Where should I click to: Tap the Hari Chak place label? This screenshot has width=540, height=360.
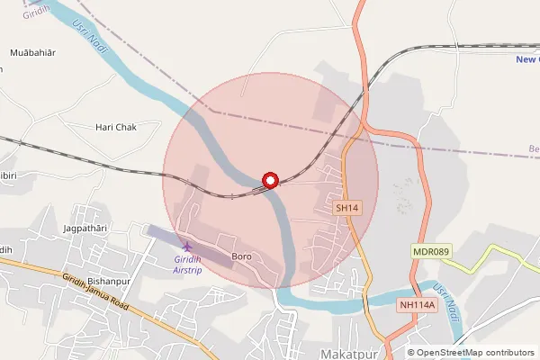[115, 128]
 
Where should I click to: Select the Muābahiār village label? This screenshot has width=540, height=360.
[32, 53]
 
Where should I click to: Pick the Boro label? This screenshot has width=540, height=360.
[241, 257]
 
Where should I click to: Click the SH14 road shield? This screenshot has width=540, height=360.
[347, 208]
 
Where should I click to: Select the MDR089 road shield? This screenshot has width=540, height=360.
[429, 251]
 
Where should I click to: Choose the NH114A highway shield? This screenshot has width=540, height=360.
[417, 305]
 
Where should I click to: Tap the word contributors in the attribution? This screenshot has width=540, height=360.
[508, 353]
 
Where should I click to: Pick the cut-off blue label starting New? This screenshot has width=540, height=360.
[527, 60]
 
